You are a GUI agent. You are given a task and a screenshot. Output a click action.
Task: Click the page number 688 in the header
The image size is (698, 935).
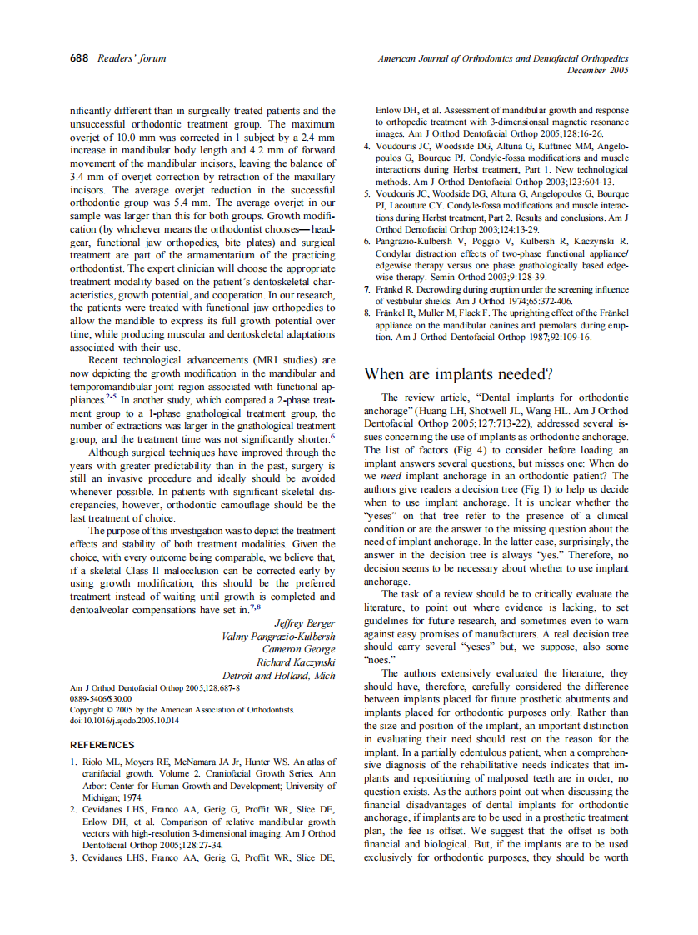tap(80, 58)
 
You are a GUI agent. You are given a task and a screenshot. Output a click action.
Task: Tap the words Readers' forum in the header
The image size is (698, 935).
tap(132, 58)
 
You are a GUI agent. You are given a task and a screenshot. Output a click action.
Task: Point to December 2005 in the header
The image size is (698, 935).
tap(597, 71)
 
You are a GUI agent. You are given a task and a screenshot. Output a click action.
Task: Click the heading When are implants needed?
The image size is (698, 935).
tap(459, 373)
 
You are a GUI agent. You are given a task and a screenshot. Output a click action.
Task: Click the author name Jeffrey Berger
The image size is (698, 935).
tap(305, 623)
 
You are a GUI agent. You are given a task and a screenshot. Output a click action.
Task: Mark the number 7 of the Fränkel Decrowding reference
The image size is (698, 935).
tap(367, 289)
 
